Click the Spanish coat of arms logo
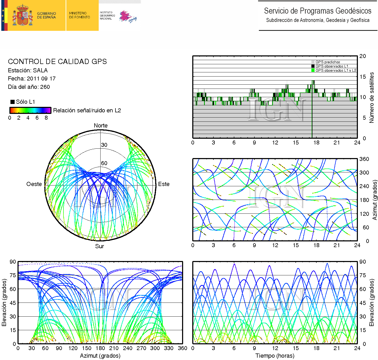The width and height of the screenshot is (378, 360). coord(22,15)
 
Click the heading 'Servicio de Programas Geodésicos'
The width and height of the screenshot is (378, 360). coord(317,11)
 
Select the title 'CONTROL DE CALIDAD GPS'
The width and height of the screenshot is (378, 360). coord(57,62)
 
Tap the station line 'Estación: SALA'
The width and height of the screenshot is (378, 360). coord(28,71)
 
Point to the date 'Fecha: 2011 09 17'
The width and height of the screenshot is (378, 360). coord(32,79)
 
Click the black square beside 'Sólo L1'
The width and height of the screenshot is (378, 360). coord(12,102)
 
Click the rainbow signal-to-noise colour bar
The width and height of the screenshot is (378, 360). coord(30,110)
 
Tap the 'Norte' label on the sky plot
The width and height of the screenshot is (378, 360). coord(101,126)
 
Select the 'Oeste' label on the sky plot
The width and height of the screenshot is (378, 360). coord(34,184)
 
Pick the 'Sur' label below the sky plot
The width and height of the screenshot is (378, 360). coord(100,246)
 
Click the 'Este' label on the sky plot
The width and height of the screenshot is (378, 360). coord(164,184)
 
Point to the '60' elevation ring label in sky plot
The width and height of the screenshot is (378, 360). coord(104,163)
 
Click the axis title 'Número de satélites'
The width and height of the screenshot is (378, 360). coord(372,97)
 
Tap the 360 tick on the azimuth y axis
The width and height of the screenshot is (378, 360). coord(364,159)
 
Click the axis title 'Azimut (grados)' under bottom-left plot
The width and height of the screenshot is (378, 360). coord(100,356)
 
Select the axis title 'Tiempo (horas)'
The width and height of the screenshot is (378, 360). coord(275,356)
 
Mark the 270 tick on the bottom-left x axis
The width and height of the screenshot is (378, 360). coord(141,348)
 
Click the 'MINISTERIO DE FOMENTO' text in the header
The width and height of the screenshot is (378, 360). coord(79,15)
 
